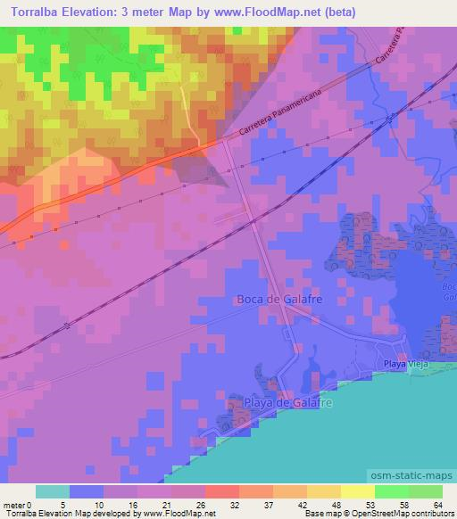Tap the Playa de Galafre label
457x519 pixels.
288,404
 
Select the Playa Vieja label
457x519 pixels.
402,363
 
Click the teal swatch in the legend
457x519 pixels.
53,491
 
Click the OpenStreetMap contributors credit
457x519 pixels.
407,513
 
